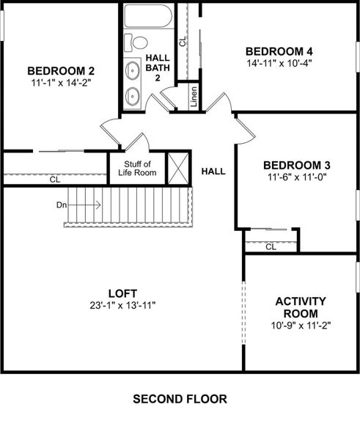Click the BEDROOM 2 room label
[x=61, y=70]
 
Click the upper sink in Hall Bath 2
[x=133, y=71]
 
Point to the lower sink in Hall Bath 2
[x=133, y=95]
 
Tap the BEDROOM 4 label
[x=279, y=51]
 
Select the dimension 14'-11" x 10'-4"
[x=279, y=64]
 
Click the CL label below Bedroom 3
[x=271, y=246]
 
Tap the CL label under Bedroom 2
[x=55, y=179]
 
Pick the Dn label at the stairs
[x=62, y=205]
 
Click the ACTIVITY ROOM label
[x=301, y=307]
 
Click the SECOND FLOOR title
[x=180, y=400]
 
